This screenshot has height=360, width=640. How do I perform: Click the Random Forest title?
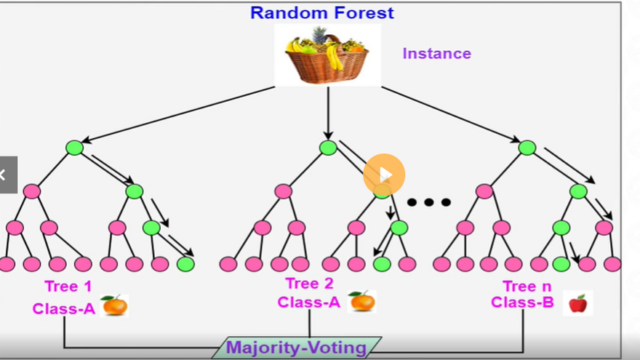point(321,12)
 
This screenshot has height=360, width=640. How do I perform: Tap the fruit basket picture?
point(327,55)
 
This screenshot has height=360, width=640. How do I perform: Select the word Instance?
point(436,53)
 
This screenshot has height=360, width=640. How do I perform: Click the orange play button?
point(384,175)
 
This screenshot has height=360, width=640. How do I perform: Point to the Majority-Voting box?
point(297,348)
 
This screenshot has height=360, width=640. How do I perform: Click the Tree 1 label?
point(68,286)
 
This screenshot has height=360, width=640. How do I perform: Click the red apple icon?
point(577,303)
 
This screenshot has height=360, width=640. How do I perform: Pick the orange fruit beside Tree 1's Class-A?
point(114,305)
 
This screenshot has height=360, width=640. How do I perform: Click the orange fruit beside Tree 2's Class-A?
point(361,300)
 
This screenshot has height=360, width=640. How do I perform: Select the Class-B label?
point(522,303)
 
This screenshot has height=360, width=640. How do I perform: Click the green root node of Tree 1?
point(74,148)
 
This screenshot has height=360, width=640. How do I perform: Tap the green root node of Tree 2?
point(328,148)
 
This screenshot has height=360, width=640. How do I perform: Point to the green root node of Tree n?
point(527,148)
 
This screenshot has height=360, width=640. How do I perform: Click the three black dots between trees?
point(428,202)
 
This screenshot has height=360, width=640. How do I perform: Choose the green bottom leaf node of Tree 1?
point(185,264)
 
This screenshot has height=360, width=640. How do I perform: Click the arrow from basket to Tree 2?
point(328,113)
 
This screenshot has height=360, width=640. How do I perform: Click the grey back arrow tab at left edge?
point(7,175)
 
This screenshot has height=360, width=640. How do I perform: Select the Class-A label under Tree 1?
point(64,308)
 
